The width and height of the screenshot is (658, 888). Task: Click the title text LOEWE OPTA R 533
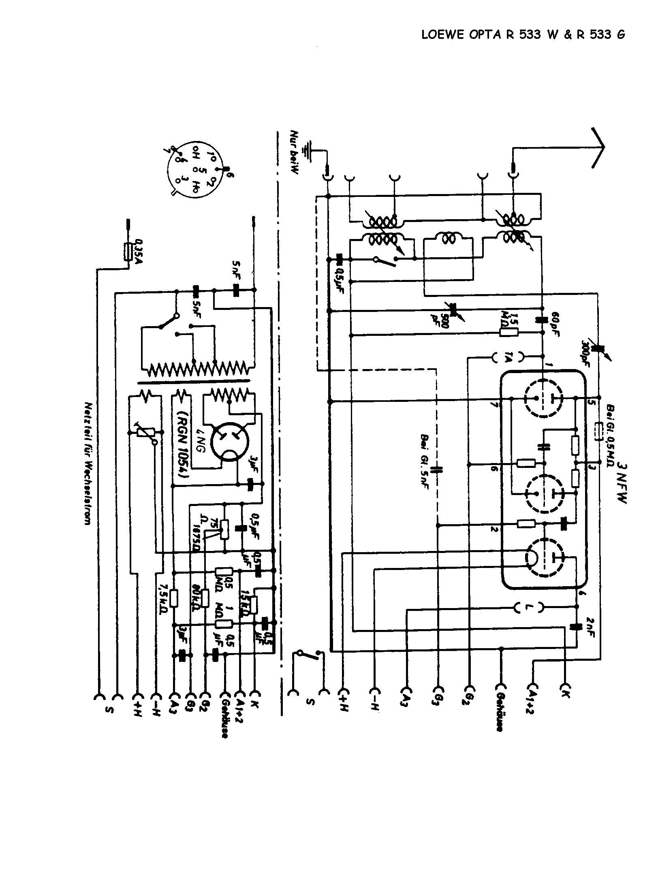523,35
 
